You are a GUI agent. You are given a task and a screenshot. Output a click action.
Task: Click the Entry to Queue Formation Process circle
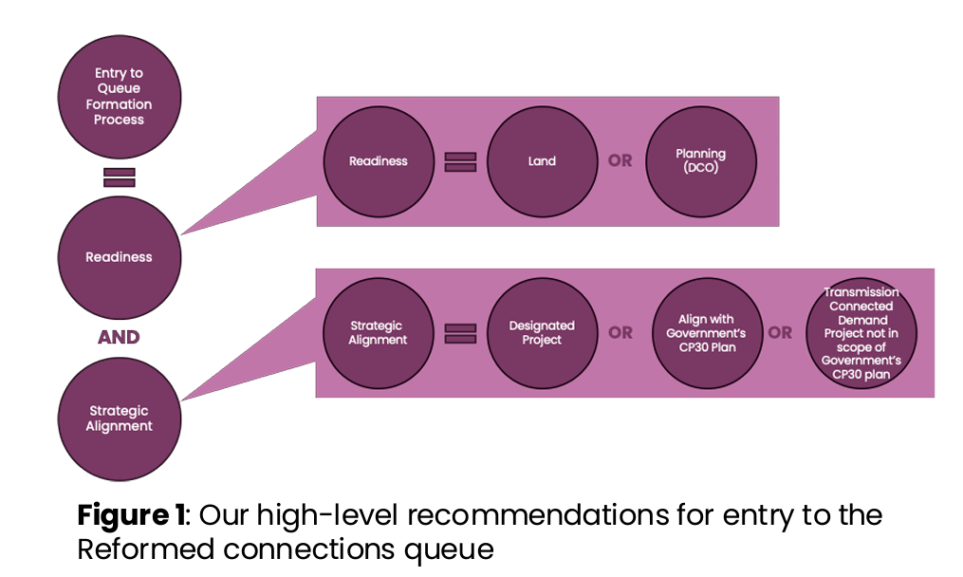pyautogui.click(x=120, y=97)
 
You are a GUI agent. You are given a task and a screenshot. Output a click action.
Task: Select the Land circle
pyautogui.click(x=542, y=161)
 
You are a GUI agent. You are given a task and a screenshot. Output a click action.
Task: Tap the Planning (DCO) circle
pyautogui.click(x=700, y=161)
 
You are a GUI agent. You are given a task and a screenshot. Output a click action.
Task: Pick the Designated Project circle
pyautogui.click(x=542, y=333)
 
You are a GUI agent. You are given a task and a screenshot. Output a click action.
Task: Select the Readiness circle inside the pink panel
pyautogui.click(x=378, y=161)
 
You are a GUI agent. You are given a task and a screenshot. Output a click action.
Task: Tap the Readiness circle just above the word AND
pyautogui.click(x=120, y=257)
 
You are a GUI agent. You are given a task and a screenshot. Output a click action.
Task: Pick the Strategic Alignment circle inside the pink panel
pyautogui.click(x=378, y=333)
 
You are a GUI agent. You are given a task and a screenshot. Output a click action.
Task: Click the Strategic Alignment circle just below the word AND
pyautogui.click(x=120, y=419)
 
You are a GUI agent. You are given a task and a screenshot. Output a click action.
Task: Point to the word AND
pyautogui.click(x=119, y=337)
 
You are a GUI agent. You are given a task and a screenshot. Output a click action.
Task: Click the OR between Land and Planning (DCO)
pyautogui.click(x=620, y=161)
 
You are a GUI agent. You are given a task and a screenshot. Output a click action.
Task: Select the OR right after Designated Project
pyautogui.click(x=620, y=333)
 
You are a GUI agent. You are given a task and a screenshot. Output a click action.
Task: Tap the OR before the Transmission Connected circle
pyautogui.click(x=780, y=333)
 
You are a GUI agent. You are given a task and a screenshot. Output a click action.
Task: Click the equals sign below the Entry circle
pyautogui.click(x=120, y=177)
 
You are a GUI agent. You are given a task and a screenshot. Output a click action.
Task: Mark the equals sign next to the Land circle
pyautogui.click(x=460, y=161)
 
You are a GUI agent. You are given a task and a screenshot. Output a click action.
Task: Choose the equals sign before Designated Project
pyautogui.click(x=460, y=333)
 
